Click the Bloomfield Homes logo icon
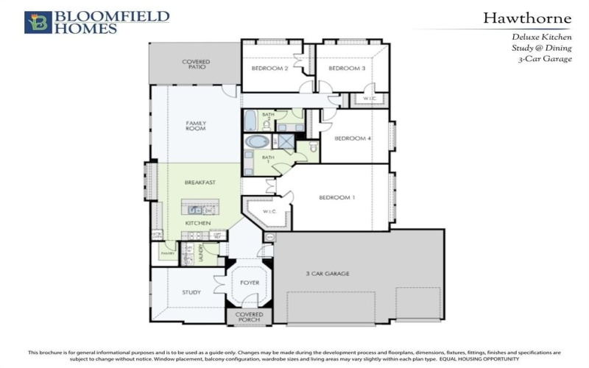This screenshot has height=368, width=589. [x=38, y=22]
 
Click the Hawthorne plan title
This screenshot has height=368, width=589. [x=526, y=18]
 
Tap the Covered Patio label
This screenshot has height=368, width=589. [x=196, y=64]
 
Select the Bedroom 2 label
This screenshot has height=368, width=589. [x=269, y=68]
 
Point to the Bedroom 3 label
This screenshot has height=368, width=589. [x=346, y=68]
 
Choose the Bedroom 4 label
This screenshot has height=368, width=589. [x=352, y=138]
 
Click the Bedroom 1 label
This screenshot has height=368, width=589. [x=336, y=197]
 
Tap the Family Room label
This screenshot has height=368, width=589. [x=195, y=126]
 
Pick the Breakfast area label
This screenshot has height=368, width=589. [x=200, y=183]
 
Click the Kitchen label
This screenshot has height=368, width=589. [x=198, y=223]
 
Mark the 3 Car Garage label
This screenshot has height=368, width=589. [x=327, y=274]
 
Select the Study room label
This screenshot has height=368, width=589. [x=191, y=292]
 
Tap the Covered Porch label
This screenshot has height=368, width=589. [x=248, y=317]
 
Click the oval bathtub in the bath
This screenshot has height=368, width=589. [x=258, y=141]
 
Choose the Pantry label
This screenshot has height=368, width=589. [x=163, y=253]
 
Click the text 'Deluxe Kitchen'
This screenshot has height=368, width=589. [x=540, y=36]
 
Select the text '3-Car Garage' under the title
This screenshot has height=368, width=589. [x=545, y=58]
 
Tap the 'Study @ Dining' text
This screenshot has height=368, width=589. [x=542, y=47]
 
